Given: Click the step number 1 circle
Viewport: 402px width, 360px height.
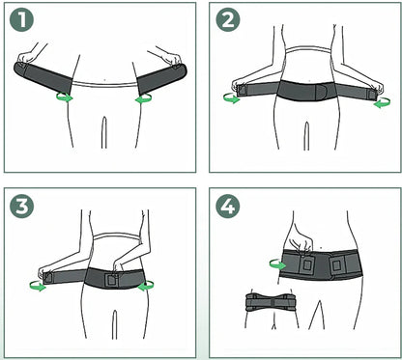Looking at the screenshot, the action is coord(21,19).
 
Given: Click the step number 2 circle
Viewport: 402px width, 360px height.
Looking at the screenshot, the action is coord(228,19).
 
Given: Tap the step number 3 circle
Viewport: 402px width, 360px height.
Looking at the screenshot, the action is coord(21,206).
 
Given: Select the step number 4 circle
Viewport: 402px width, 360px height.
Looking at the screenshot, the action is coord(228,206).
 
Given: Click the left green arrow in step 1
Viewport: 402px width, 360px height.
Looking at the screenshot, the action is coord(65,97).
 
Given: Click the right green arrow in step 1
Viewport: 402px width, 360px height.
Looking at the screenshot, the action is coord(143,98).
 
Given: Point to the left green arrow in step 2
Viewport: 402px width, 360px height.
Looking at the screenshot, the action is coord(232,98).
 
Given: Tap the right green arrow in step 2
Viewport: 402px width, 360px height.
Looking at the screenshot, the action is coord(382,102).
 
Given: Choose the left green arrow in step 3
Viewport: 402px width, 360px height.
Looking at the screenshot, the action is coord(38,286).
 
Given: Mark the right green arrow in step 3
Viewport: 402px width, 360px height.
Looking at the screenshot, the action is coord(146,286).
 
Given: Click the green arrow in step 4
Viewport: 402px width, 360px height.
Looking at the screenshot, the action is coord(277,264).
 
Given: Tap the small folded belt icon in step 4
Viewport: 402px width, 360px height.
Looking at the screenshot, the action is coord(271,302).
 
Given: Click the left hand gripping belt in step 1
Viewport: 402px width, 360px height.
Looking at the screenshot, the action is coord(29,56).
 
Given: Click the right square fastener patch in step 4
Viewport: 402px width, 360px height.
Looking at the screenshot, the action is coord(337,265).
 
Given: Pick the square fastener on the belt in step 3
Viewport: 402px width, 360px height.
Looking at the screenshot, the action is coord(112,280).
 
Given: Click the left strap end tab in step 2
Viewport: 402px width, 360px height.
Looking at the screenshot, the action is coord(241,90).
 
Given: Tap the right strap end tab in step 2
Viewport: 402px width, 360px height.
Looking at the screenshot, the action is coord(373,94).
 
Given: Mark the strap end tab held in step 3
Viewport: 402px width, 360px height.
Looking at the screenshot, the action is coord(47,278).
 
